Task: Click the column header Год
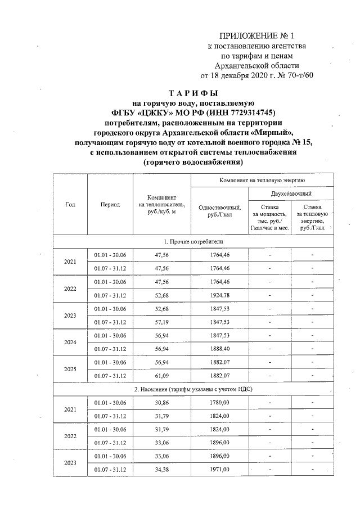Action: click(x=70, y=205)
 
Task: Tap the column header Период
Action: click(x=110, y=205)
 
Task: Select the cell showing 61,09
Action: click(x=161, y=376)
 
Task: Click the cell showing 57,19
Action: click(x=161, y=322)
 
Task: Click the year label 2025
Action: click(x=70, y=369)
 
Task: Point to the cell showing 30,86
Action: click(x=161, y=403)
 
